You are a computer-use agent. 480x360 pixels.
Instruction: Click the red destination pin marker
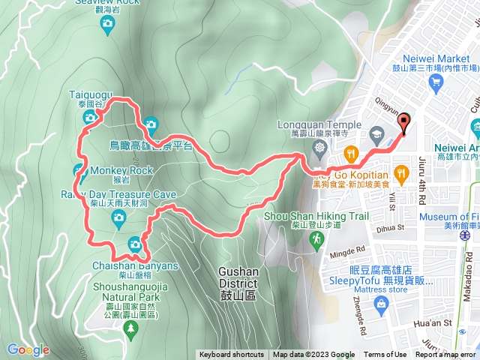pos(404,123)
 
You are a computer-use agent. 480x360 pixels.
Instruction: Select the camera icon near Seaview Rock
pos(107,25)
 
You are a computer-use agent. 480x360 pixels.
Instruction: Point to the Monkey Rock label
pos(121,170)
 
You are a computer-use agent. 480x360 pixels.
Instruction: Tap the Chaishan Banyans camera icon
pos(135,244)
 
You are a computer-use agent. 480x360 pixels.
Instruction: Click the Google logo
pos(28,349)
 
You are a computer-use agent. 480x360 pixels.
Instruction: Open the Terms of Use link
pos(385,355)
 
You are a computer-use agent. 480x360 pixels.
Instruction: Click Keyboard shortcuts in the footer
pos(231,355)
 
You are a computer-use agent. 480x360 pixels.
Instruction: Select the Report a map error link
pos(445,355)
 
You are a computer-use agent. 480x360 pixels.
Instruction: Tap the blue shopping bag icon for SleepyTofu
pos(382,304)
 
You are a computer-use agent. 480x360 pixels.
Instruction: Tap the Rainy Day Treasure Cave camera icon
pos(118,218)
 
